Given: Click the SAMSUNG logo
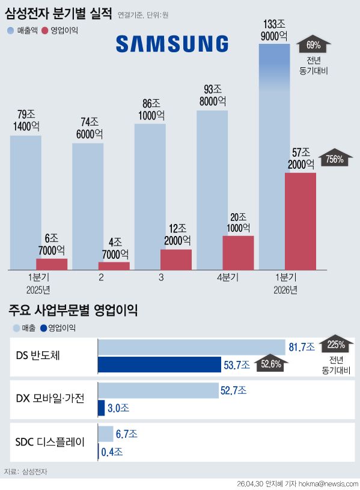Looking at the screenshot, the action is pyautogui.click(x=172, y=43).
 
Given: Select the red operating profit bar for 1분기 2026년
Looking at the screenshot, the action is pyautogui.click(x=301, y=221).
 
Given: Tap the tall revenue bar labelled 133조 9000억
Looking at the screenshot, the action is pyautogui.click(x=274, y=157).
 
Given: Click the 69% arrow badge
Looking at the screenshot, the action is pyautogui.click(x=313, y=45).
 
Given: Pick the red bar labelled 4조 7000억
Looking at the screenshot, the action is pyautogui.click(x=114, y=266).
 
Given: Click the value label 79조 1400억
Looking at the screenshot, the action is pyautogui.click(x=26, y=120).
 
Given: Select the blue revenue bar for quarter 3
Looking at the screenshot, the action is pyautogui.click(x=150, y=197).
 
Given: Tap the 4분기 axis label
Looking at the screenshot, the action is pyautogui.click(x=228, y=277).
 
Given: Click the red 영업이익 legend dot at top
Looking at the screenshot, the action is pyautogui.click(x=45, y=31).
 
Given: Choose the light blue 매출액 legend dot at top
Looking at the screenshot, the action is pyautogui.click(x=11, y=31).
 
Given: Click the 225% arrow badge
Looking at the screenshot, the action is pyautogui.click(x=336, y=343).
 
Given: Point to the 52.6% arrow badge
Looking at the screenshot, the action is pyautogui.click(x=271, y=363).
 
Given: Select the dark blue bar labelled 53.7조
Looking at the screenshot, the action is pyautogui.click(x=159, y=364).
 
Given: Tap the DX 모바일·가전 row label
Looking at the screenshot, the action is pyautogui.click(x=50, y=399).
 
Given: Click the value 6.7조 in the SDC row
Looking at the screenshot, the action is pyautogui.click(x=127, y=434).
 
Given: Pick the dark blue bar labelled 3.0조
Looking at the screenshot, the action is pyautogui.click(x=102, y=408).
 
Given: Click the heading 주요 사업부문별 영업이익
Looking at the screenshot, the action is pyautogui.click(x=73, y=310).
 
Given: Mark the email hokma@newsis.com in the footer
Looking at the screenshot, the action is pyautogui.click(x=328, y=484).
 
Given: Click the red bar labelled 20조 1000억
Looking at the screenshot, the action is pyautogui.click(x=239, y=253).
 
